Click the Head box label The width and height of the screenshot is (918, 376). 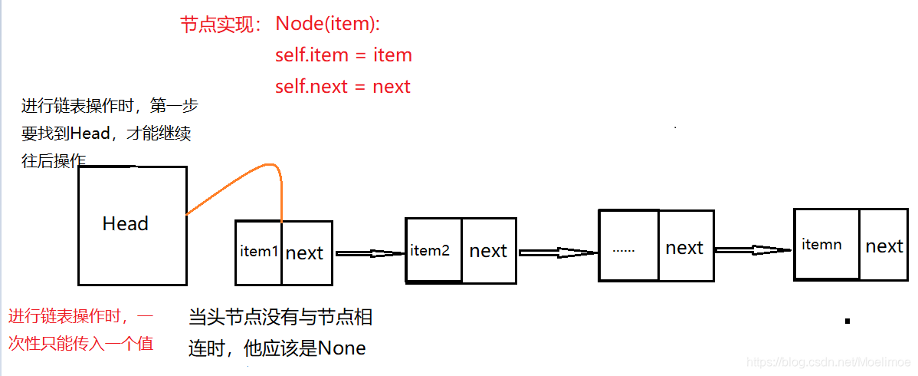pyautogui.click(x=125, y=224)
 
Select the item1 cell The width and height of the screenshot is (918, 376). pyautogui.click(x=259, y=252)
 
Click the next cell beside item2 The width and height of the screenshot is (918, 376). pyautogui.click(x=488, y=251)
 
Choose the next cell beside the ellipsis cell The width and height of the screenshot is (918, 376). pyautogui.click(x=684, y=248)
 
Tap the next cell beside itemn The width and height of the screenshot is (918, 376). pyautogui.click(x=884, y=246)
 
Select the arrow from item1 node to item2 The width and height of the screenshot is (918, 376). pyautogui.click(x=369, y=252)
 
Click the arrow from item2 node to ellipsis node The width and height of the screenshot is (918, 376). pyautogui.click(x=557, y=252)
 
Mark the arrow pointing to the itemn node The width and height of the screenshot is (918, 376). pyautogui.click(x=752, y=249)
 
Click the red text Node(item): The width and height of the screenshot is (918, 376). pyautogui.click(x=327, y=24)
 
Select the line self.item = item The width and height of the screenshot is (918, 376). pyautogui.click(x=343, y=55)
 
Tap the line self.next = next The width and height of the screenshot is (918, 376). pyautogui.click(x=343, y=87)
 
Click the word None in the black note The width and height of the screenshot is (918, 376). pyautogui.click(x=342, y=348)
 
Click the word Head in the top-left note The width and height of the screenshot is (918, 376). pyautogui.click(x=90, y=134)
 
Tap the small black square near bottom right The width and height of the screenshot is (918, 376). pyautogui.click(x=848, y=321)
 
